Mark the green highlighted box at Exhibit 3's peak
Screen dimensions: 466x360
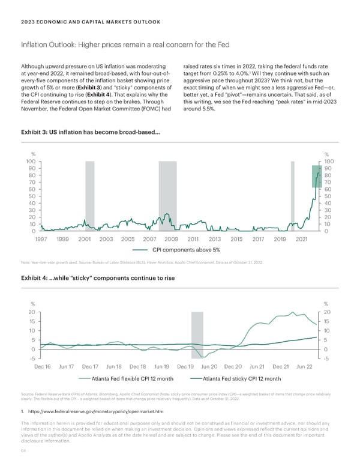coord(317,175)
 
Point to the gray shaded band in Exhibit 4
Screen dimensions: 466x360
coord(197,334)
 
